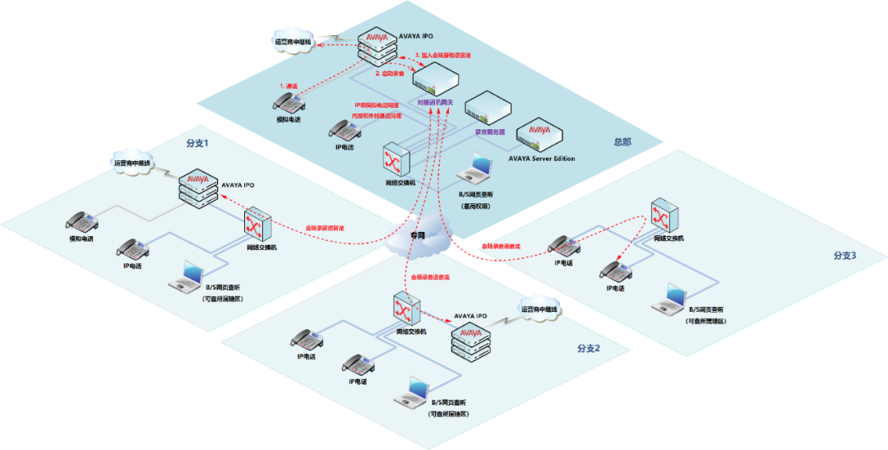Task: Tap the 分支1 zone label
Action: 197,142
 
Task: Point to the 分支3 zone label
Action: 844,256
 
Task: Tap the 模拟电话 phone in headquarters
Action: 288,103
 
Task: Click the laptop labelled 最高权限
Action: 478,170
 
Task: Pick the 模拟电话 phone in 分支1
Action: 82,220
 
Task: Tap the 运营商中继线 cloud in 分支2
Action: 540,310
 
